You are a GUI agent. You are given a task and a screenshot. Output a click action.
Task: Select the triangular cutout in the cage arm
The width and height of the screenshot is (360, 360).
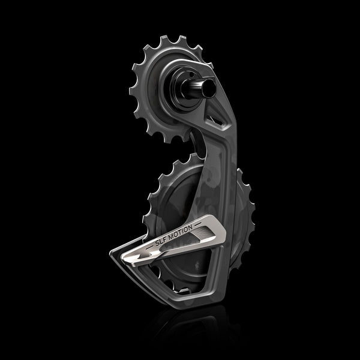click(210, 113)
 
